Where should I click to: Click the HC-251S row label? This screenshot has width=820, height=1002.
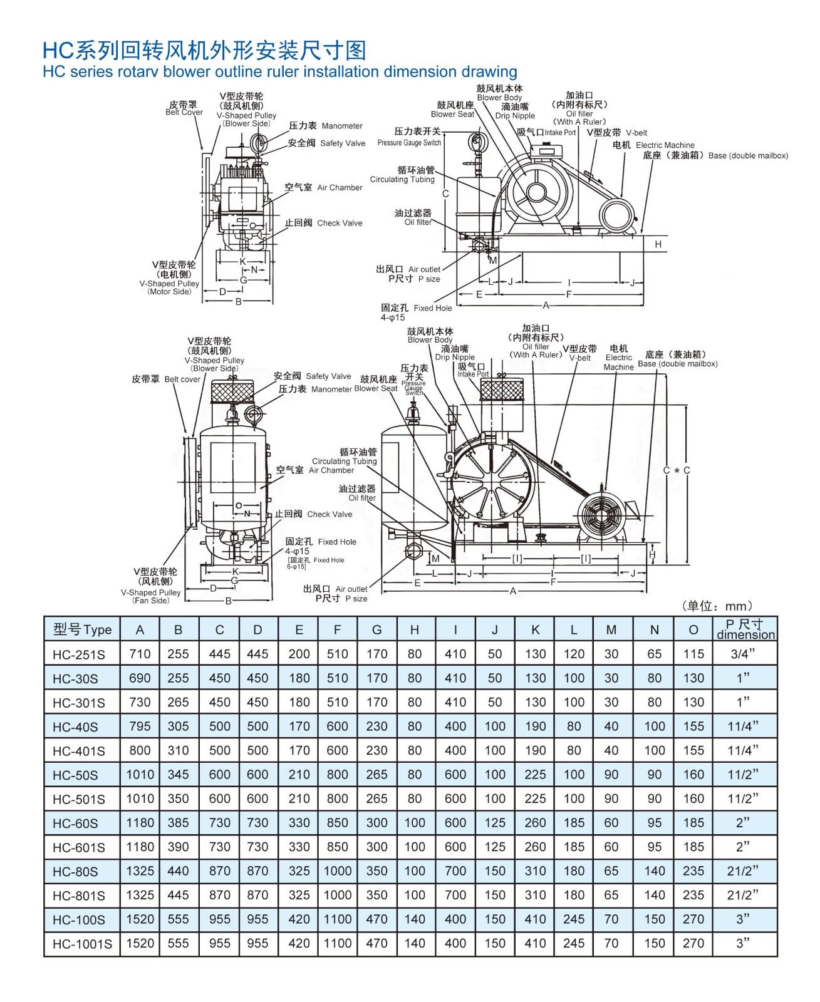pos(78,654)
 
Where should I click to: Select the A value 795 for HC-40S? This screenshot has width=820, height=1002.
pos(140,726)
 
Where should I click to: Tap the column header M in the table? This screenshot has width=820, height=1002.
pos(611,629)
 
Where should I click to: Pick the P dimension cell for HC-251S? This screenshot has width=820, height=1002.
pos(742,654)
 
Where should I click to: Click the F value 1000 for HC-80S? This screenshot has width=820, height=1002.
pos(338,871)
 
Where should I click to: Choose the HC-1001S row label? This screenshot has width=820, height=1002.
pos(82,944)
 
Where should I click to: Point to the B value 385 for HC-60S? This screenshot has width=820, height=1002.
pos(179,823)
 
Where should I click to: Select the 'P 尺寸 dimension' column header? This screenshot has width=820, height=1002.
pos(745,629)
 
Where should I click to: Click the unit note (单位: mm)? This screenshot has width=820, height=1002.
pos(717,606)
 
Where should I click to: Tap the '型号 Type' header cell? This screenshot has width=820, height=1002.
pos(82,629)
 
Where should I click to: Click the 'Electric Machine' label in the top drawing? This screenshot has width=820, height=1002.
pos(665,145)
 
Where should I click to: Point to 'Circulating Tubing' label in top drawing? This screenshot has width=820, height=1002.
pos(402,179)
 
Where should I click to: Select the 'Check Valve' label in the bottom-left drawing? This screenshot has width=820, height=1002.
pos(330,514)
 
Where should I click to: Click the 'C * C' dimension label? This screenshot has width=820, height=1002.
pos(677,470)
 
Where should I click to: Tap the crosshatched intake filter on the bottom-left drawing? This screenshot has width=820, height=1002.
pos(232,392)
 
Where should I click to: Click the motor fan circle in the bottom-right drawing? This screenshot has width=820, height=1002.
pos(601,516)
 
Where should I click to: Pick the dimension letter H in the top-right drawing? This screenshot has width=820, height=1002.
pos(658,244)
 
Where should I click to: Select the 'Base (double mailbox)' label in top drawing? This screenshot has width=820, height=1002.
pos(748,155)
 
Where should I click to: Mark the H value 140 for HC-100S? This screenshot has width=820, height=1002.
pos(415,919)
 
